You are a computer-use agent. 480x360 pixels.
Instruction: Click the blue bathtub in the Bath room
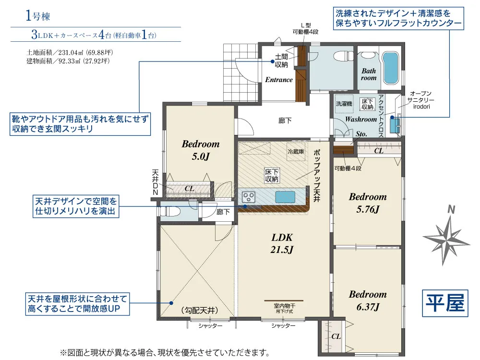point(391,68)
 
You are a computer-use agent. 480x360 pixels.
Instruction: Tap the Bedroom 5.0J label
point(201,150)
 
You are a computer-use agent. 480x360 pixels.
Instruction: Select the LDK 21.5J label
point(282,243)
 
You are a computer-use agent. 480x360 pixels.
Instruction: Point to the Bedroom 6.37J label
point(368,300)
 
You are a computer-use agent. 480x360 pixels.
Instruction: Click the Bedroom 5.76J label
point(368,203)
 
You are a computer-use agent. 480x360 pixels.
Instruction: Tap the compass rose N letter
point(451,210)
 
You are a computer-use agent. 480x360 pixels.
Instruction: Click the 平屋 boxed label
point(445,303)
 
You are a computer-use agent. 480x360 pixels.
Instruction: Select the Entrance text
point(278,80)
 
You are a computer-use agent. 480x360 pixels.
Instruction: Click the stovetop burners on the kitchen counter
point(248,197)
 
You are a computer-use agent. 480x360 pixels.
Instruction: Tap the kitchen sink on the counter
point(285,197)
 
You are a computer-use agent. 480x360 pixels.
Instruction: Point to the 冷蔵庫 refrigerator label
point(296,152)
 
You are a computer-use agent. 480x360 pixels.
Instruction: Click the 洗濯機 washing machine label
point(344,104)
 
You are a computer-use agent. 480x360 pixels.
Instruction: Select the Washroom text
point(361,120)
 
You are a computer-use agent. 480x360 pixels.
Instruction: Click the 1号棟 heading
point(37,16)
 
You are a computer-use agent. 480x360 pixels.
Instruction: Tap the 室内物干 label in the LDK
point(284,306)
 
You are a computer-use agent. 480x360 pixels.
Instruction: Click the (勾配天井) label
point(200,311)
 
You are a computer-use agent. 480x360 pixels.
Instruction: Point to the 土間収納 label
point(281,60)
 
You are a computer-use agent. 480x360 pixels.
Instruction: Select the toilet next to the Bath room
point(344,56)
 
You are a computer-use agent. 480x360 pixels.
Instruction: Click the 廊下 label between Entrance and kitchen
point(285,121)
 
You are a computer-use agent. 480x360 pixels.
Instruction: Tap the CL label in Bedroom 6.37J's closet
point(336,336)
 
